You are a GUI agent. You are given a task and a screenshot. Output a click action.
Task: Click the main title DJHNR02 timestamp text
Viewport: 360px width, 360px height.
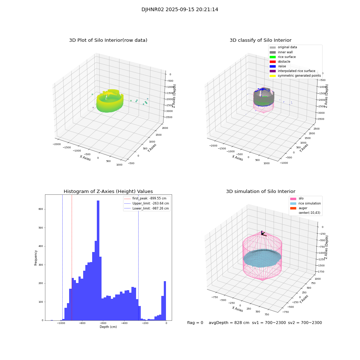tap(180, 10)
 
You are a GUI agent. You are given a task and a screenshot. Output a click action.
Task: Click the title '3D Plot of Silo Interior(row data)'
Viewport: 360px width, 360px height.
tap(108, 40)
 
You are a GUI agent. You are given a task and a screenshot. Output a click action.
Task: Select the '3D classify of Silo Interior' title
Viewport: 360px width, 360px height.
tap(260, 40)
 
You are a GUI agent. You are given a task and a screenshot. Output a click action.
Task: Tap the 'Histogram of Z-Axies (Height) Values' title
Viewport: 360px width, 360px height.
tap(108, 192)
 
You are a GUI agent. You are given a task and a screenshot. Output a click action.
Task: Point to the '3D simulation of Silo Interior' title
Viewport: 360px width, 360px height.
tap(260, 192)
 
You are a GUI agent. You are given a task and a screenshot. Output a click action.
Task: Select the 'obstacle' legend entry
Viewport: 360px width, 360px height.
tap(284, 62)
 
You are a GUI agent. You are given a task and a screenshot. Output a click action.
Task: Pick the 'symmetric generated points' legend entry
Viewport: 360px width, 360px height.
tap(299, 76)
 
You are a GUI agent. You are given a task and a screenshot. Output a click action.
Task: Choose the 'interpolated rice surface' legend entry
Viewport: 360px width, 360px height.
tap(296, 71)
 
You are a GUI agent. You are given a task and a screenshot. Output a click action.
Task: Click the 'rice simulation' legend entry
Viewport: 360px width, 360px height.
tap(309, 203)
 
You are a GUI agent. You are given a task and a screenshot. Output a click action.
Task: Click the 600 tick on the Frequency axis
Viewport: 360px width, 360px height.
tap(40, 209)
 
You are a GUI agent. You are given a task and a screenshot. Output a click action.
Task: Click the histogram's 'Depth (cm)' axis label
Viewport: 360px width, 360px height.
tap(108, 327)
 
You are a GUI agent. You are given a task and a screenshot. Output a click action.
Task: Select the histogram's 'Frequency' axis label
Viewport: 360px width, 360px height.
tap(36, 257)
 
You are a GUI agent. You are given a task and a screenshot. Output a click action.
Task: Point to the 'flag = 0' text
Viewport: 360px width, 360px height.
tap(195, 323)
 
